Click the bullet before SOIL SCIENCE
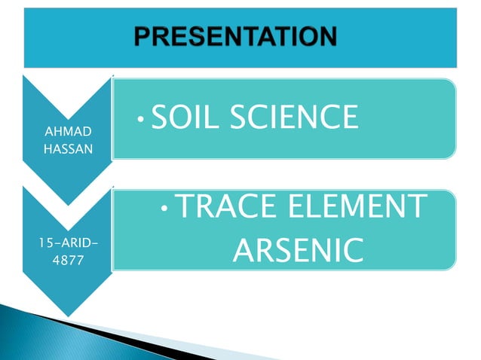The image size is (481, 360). click(x=142, y=119)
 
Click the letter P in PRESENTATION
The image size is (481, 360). click(x=144, y=35)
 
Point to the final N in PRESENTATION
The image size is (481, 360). click(x=326, y=35)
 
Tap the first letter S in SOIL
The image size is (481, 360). click(x=159, y=117)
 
